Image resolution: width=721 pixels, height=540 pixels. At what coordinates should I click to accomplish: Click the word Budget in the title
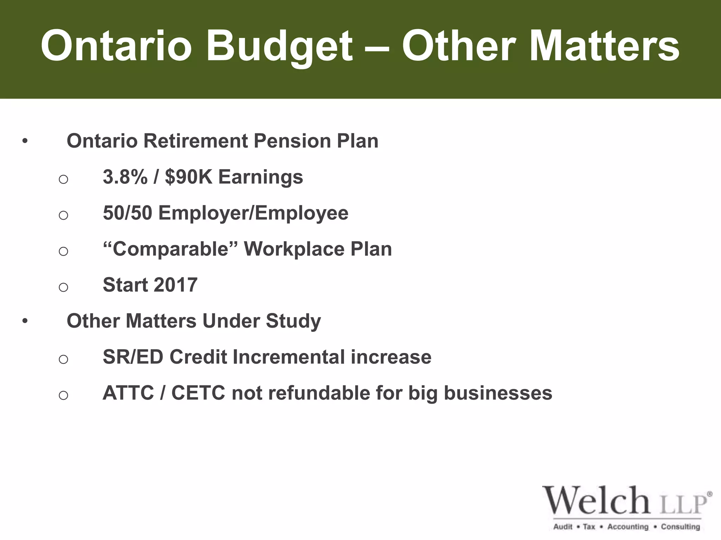pos(279,46)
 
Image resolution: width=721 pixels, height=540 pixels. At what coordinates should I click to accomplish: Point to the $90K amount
pos(189,177)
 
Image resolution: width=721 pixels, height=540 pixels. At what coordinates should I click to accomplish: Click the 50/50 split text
pos(127,213)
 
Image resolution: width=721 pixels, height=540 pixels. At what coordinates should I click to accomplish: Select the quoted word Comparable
pos(170,249)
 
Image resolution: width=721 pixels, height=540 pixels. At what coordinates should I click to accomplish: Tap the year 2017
pos(175,285)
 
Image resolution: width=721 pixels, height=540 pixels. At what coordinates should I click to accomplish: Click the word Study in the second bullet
pos(293,321)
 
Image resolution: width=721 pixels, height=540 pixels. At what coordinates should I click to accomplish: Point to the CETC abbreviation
pos(198,393)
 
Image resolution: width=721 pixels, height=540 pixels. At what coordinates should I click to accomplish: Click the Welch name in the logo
pos(596,500)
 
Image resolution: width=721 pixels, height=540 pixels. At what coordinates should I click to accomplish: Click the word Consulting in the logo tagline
pos(680,527)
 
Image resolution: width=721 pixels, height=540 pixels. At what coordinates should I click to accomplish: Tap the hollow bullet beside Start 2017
pos(63,287)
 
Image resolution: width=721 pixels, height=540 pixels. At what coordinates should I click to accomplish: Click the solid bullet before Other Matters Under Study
pos(25,321)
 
